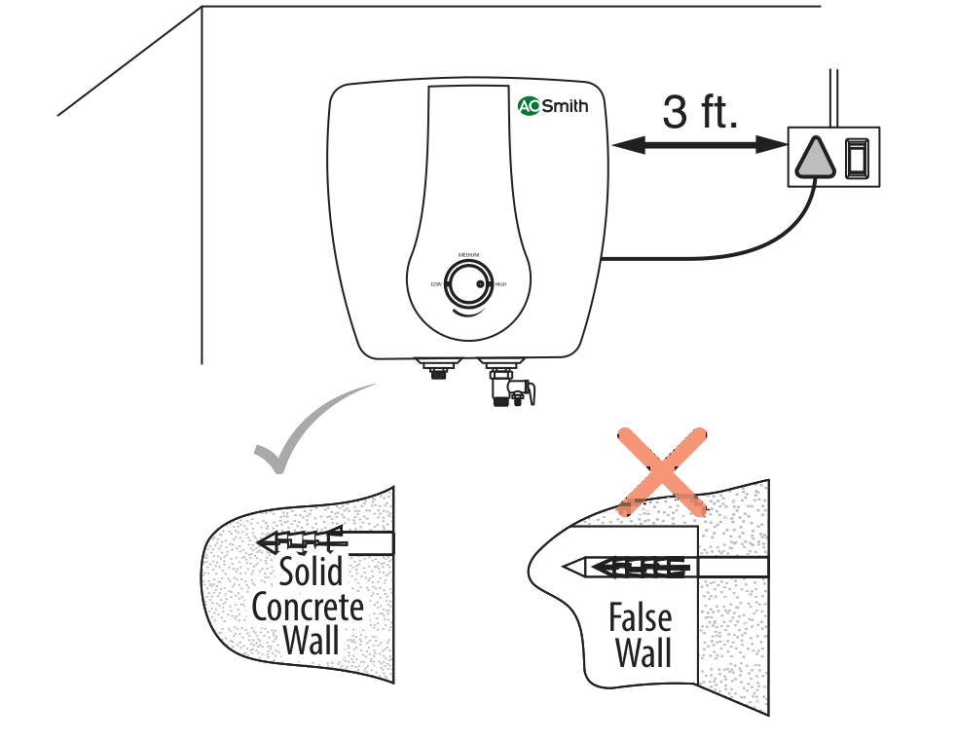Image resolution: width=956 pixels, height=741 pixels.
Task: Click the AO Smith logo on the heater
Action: pos(552,106)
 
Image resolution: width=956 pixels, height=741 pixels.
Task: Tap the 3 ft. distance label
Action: pos(700,113)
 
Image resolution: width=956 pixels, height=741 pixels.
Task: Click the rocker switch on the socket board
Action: pos(856,158)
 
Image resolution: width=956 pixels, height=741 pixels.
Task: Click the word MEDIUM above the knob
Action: pos(468,254)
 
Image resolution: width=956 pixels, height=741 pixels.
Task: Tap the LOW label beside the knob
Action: pos(436,284)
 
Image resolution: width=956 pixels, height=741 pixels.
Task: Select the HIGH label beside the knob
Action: pos(500,284)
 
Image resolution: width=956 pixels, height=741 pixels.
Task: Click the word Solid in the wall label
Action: pos(311,571)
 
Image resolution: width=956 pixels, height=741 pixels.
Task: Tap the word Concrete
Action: pos(308,608)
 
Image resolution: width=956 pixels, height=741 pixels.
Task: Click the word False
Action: pos(640,617)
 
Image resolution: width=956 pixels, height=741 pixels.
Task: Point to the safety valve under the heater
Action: pos(510,386)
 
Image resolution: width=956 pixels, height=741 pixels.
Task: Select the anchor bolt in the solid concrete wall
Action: pos(302,540)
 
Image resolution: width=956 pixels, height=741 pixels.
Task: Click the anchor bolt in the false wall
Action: pos(633,565)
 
